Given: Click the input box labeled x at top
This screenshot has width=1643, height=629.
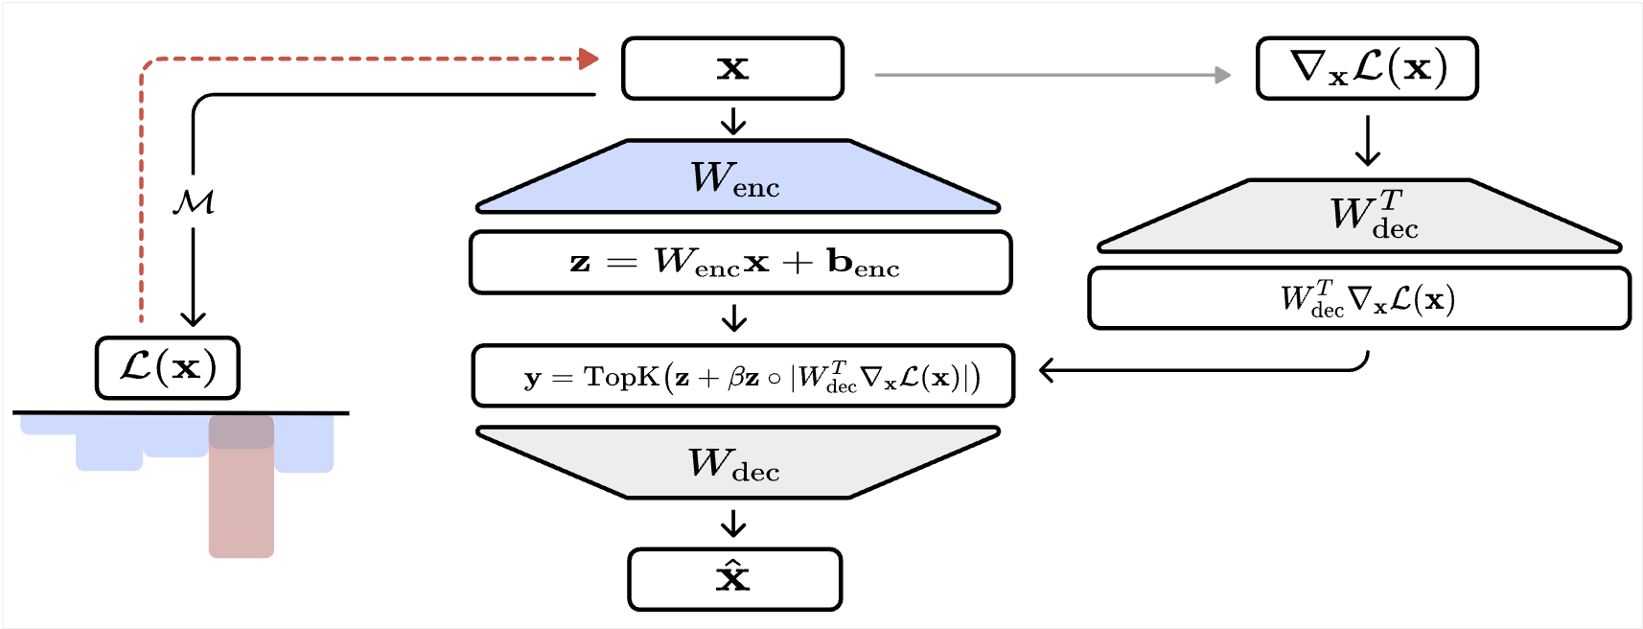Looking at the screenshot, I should click(x=732, y=68).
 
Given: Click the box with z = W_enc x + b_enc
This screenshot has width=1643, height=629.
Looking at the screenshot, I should click(x=740, y=262).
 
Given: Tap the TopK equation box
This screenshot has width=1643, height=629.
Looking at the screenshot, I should click(x=742, y=376).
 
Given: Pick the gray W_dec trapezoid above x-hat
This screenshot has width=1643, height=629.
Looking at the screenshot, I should click(x=736, y=463).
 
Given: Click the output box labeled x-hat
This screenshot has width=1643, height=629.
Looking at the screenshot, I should click(x=734, y=579).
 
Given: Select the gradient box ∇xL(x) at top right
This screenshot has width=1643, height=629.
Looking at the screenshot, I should click(x=1367, y=68).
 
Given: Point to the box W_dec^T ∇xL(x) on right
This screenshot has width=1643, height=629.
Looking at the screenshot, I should click(x=1359, y=298).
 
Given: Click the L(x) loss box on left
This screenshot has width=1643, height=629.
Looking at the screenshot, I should click(x=168, y=367).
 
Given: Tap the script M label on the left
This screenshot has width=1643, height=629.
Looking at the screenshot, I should click(x=193, y=201).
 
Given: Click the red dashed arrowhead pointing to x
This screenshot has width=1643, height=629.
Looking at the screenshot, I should click(x=589, y=59).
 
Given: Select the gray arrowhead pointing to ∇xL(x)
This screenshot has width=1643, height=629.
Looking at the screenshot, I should click(x=1222, y=75).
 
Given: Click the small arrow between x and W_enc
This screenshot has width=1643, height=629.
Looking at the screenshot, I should click(x=733, y=121).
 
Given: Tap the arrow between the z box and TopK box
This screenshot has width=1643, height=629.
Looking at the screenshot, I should click(x=734, y=317).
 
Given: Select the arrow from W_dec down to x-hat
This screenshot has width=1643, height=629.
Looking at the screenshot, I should click(x=733, y=524).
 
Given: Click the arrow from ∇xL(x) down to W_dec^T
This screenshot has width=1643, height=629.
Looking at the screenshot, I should click(x=1368, y=141).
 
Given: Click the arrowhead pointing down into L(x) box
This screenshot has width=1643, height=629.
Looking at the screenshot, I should click(x=194, y=318).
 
